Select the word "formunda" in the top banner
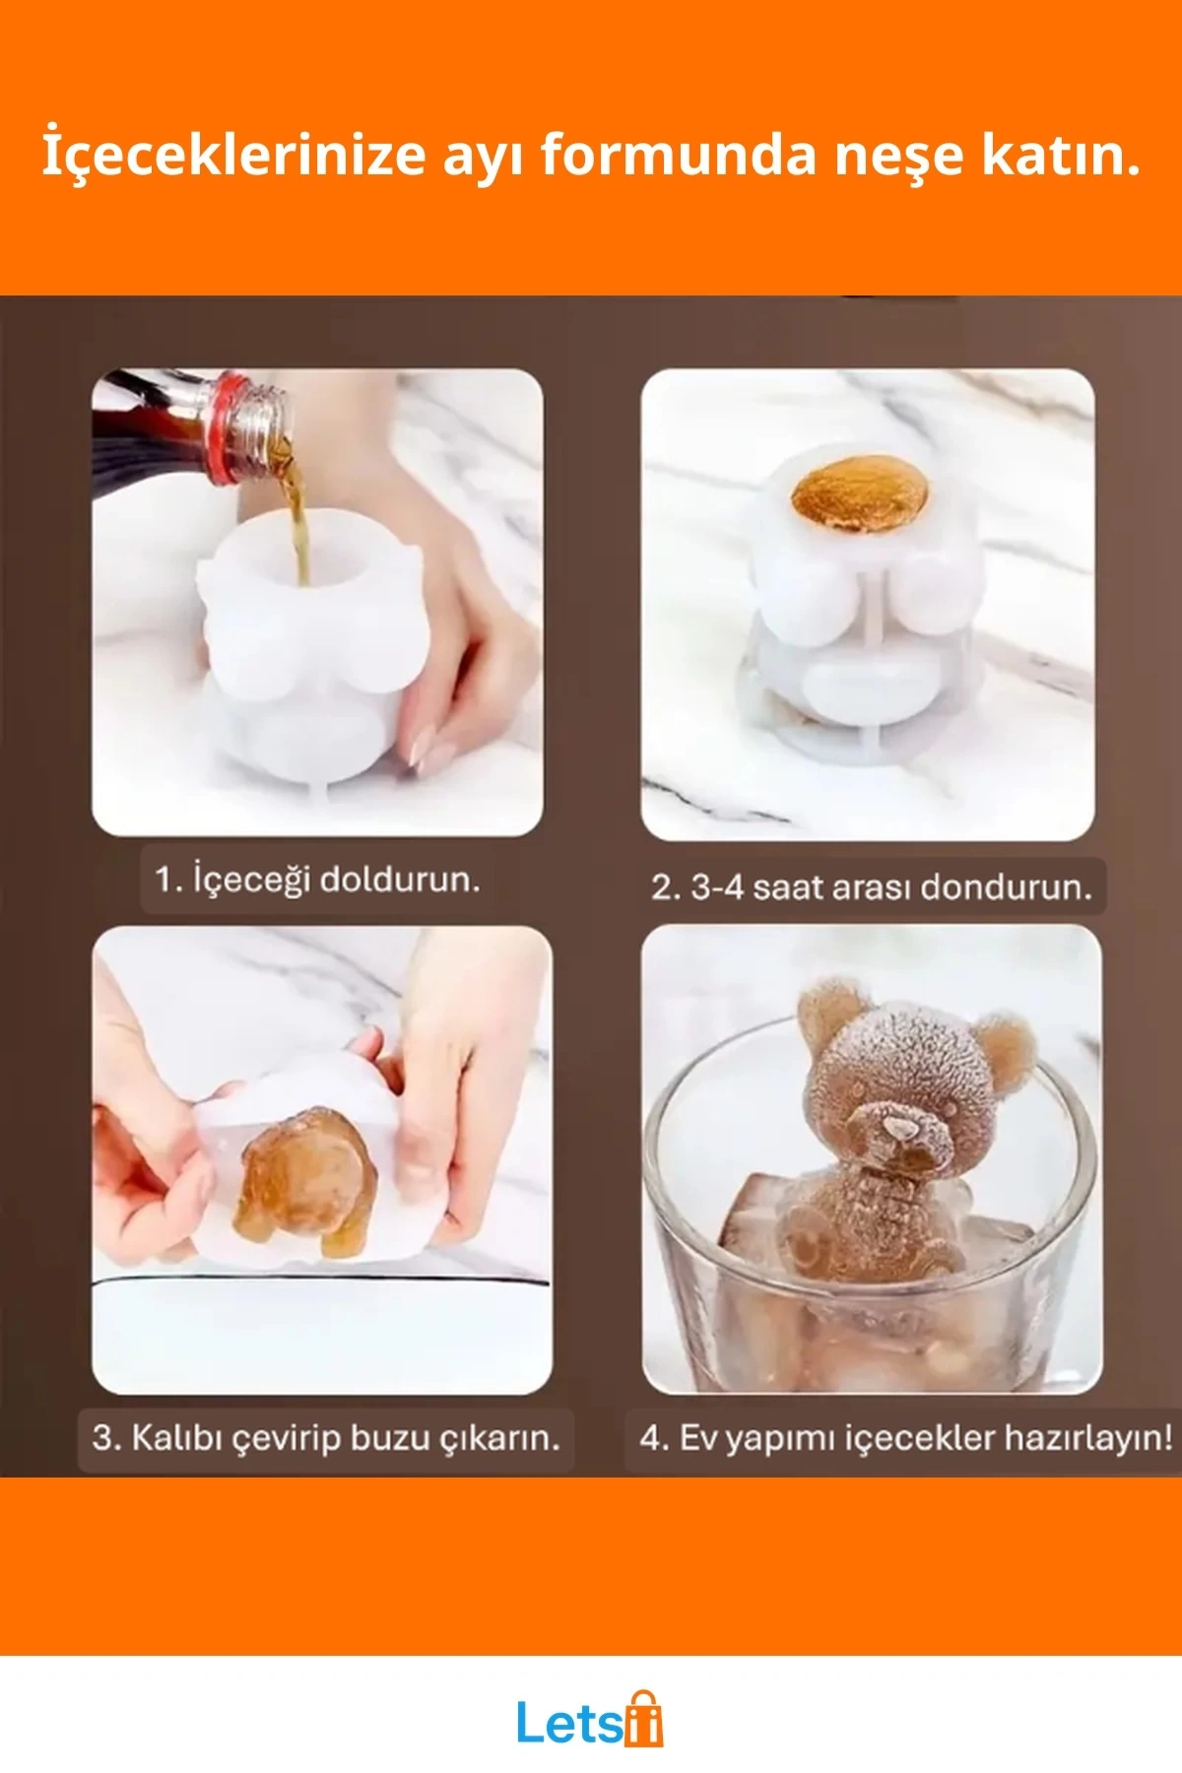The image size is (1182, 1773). pos(679,154)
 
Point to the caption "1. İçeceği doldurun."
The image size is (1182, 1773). pos(317,878)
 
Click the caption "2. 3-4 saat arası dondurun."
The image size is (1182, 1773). pos(872,886)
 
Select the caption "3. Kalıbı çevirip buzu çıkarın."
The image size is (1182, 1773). pos(326,1437)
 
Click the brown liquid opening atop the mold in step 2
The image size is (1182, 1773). pos(860,493)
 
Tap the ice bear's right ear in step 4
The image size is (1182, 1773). pos(1007,1052)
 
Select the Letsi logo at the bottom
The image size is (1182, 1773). pos(590,1719)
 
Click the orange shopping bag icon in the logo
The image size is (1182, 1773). pos(642,1719)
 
